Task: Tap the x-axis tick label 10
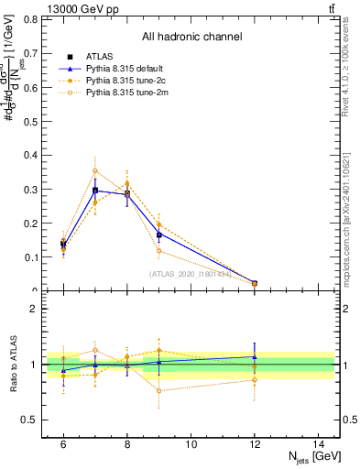(x=191, y=443)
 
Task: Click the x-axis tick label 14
(x=320, y=443)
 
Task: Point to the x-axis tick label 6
(x=63, y=443)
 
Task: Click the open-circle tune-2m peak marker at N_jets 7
(x=95, y=170)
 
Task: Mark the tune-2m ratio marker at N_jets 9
(x=159, y=391)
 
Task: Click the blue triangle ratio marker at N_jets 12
(x=255, y=356)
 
